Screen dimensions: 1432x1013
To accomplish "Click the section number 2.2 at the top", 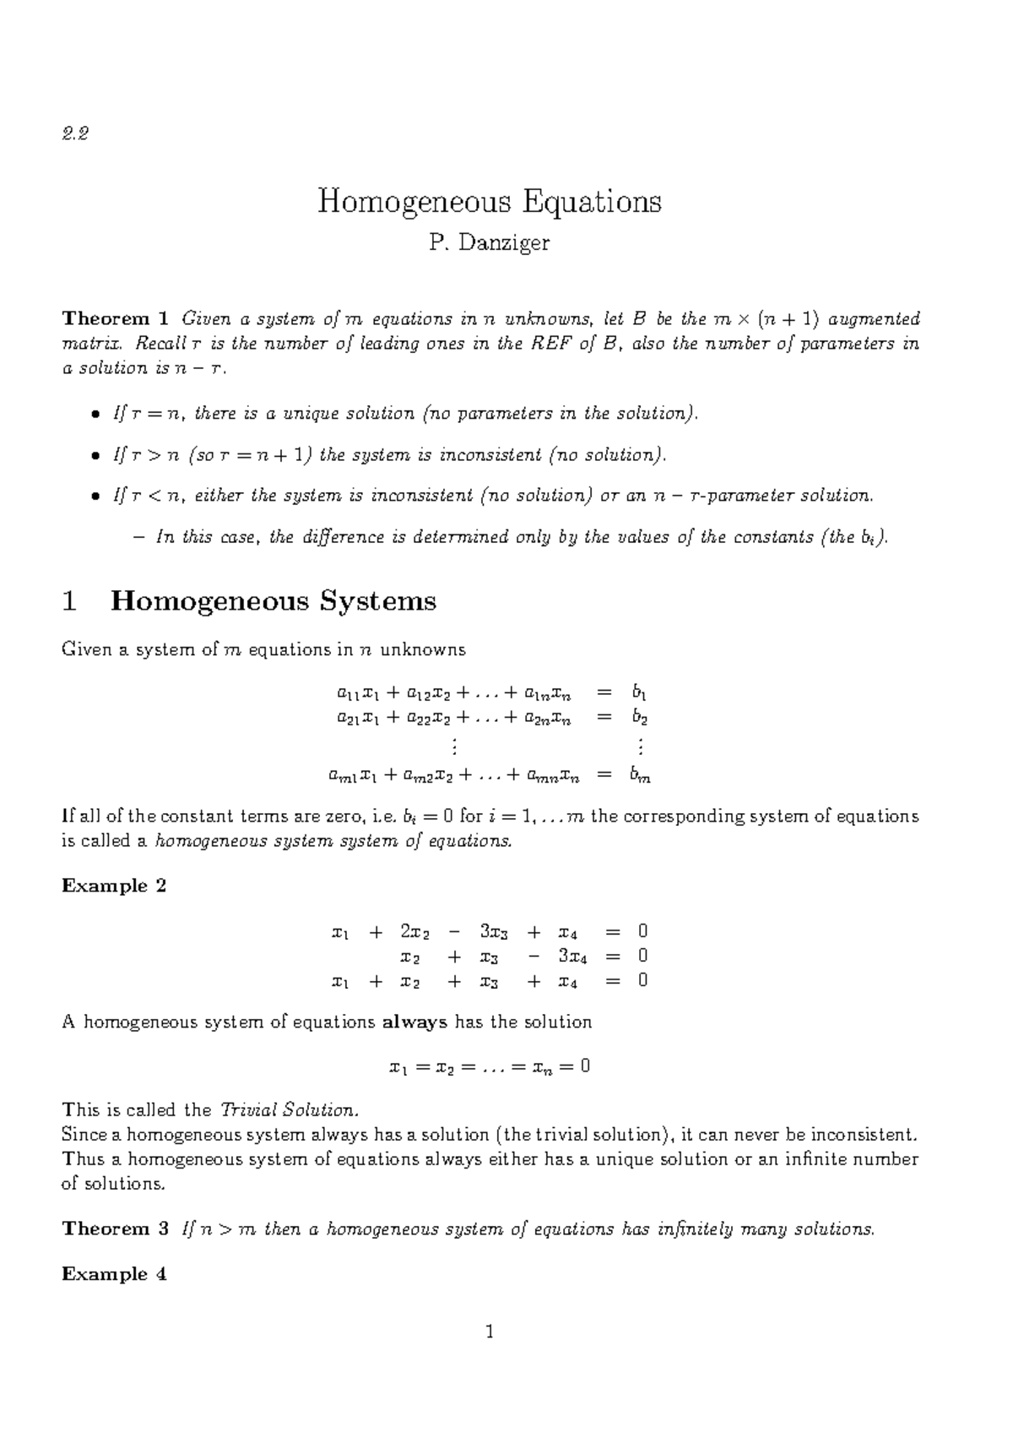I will (75, 133).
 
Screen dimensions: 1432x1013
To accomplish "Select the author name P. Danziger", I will (489, 243).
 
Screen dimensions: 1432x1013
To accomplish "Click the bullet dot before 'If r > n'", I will (95, 456).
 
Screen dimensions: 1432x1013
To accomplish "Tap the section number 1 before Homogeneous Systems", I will (70, 601).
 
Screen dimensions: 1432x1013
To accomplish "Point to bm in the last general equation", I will (641, 775).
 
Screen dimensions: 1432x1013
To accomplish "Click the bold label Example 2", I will (114, 886).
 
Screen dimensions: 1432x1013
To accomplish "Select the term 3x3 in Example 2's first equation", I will (495, 932).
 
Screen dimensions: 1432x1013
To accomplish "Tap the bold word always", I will (414, 1022).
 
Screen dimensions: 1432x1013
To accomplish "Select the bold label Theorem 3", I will (116, 1229).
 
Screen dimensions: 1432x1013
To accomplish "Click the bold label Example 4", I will (114, 1274).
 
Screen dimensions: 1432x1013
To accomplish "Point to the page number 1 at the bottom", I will (489, 1334).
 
